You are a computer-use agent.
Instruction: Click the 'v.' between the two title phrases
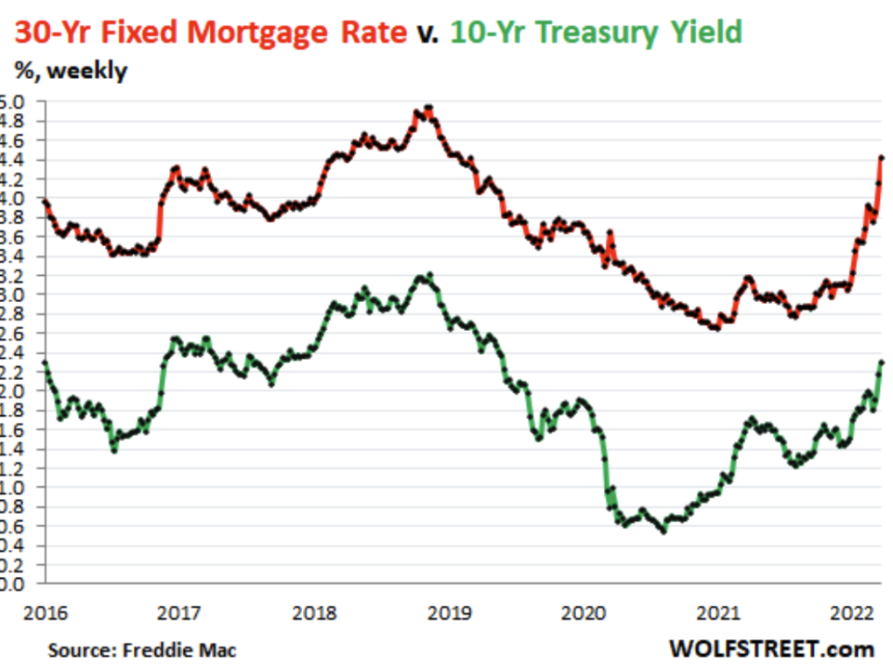pos(428,33)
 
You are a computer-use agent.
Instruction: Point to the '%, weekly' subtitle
pos(70,71)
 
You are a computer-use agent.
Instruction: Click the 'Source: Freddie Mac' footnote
pos(142,650)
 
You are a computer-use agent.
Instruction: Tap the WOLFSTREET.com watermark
pos(770,649)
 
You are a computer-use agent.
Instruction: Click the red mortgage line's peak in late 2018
pos(428,108)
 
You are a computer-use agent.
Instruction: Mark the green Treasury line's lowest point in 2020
pos(663,531)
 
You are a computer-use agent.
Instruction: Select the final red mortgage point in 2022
pos(882,158)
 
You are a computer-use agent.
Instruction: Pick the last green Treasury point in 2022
pos(882,363)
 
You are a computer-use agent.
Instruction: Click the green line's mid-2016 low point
pos(114,450)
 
